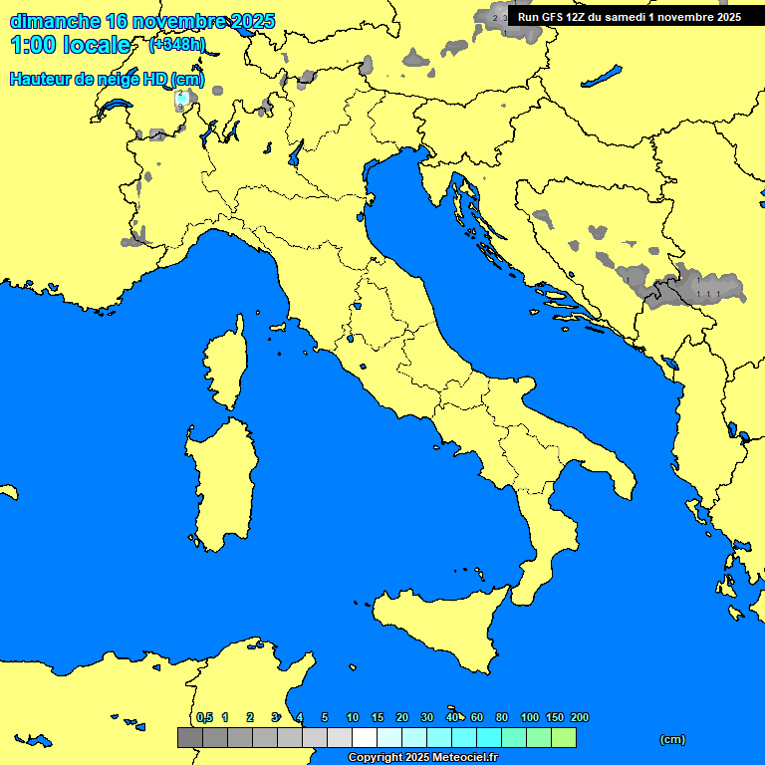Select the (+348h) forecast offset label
(x=176, y=45)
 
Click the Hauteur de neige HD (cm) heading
(x=107, y=80)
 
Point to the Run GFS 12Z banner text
(x=628, y=17)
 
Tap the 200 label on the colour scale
(x=579, y=717)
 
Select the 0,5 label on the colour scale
(x=204, y=717)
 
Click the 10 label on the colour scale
(x=353, y=717)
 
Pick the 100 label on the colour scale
(x=530, y=717)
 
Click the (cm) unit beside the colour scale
(x=672, y=739)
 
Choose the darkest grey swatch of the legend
(x=189, y=738)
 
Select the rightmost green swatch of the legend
(x=564, y=738)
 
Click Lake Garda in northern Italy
(x=296, y=151)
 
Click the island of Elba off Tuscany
(x=278, y=327)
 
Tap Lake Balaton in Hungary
(x=602, y=77)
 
